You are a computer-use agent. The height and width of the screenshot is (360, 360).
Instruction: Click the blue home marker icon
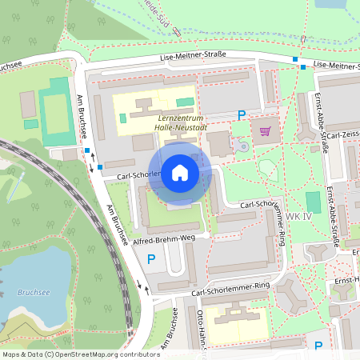point(180,172)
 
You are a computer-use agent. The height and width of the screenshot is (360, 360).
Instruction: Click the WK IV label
point(298,218)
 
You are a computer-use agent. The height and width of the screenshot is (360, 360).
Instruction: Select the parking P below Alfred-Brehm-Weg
point(151,258)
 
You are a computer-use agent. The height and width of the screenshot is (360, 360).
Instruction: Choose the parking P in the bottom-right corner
point(318,346)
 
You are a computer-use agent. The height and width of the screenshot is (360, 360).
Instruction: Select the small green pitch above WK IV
point(313,202)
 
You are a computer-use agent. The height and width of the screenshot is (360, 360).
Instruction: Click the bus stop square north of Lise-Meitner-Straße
point(295,59)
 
